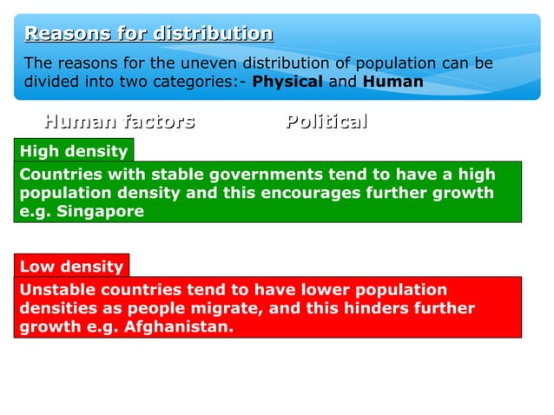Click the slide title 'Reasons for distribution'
coord(148,35)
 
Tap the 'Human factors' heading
coord(119,122)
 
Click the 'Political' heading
coord(326,122)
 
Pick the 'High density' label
coord(74,152)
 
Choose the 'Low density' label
coord(71,266)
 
